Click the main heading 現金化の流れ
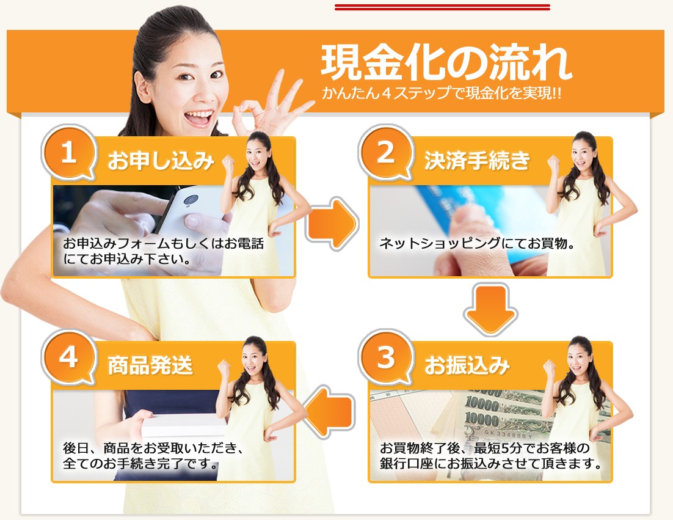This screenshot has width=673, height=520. point(446,63)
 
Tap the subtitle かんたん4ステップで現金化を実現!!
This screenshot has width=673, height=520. point(442,93)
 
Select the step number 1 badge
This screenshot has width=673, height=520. point(68,153)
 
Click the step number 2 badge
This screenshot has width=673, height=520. point(385,153)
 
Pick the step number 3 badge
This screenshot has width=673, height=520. point(385,357)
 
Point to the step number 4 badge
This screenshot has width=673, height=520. point(68,357)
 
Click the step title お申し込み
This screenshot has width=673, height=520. point(161,161)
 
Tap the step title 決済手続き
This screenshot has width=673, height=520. point(478,161)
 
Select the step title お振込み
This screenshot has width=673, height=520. point(467,366)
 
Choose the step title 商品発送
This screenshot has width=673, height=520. point(150,366)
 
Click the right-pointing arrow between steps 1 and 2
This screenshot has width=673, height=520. point(332,223)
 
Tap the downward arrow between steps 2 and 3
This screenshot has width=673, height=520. point(490,309)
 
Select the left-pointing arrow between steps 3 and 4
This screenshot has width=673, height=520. point(330,411)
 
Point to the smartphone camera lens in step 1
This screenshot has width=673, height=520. point(191,200)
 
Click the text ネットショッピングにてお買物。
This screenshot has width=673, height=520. point(477,243)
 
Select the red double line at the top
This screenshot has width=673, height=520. point(442,7)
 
